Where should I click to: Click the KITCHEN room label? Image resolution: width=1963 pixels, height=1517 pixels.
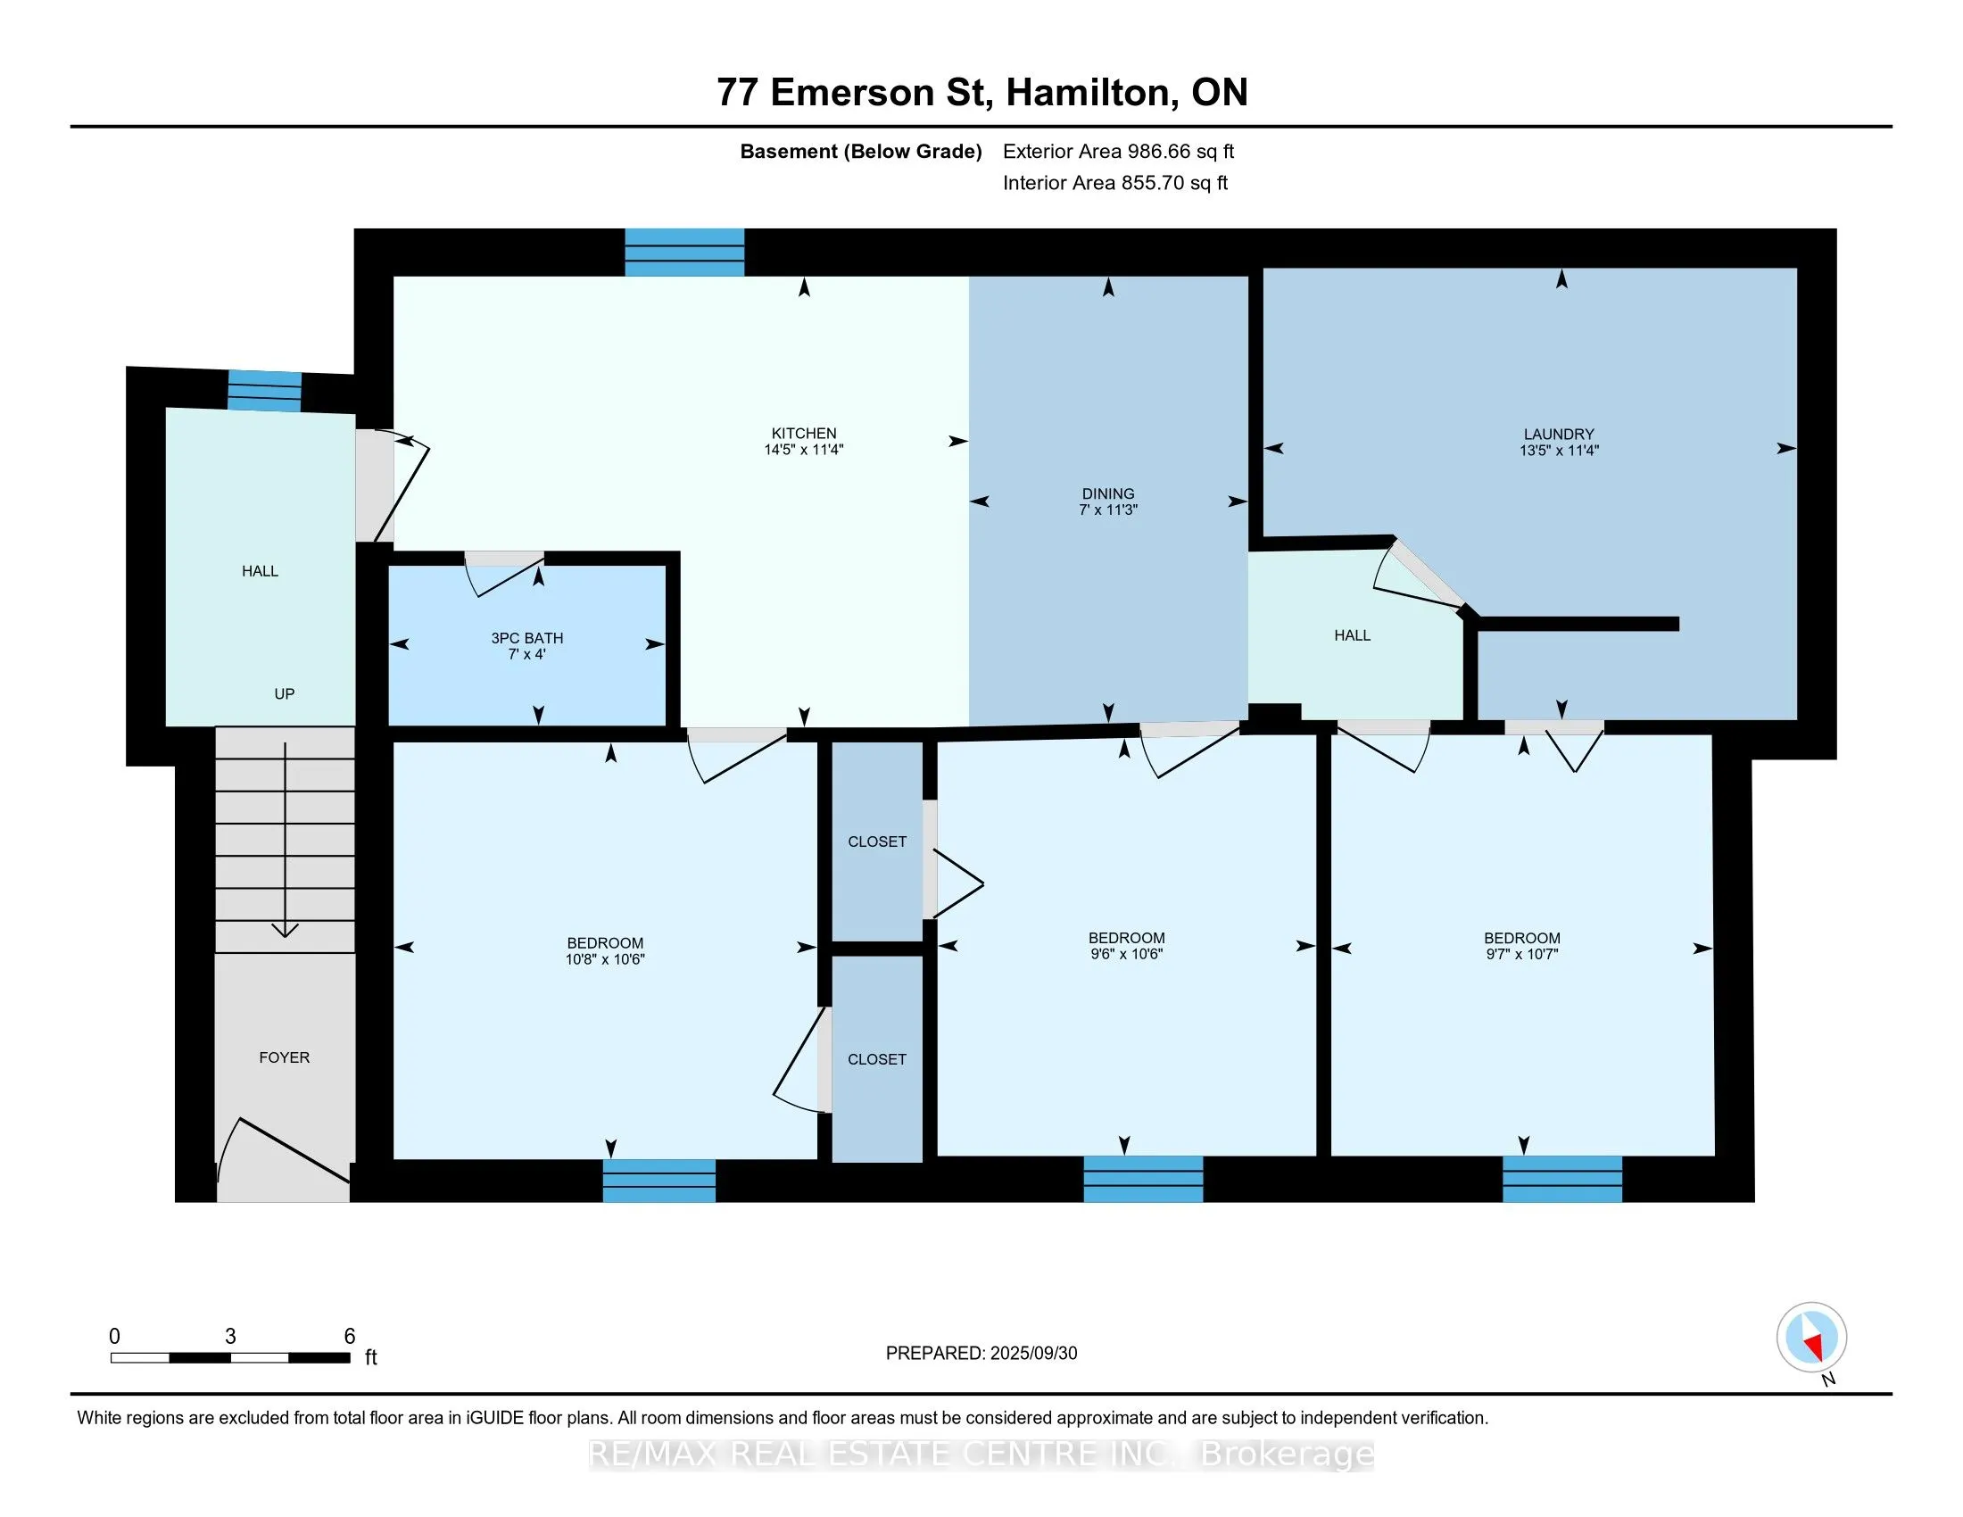tap(804, 433)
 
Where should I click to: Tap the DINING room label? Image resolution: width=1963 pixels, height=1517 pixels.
tap(1108, 493)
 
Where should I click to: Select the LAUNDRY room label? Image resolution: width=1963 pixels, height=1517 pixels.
tap(1559, 434)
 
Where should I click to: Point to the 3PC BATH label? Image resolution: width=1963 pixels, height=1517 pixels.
tap(527, 638)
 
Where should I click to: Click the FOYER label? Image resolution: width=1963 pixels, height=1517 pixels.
tap(284, 1057)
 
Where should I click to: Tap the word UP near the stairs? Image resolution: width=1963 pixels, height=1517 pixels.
tap(284, 693)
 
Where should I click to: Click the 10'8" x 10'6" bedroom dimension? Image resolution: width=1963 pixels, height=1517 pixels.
tap(605, 959)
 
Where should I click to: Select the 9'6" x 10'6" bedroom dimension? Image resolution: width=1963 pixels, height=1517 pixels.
tap(1126, 954)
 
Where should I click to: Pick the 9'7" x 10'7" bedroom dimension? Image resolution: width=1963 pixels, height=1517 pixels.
tap(1521, 954)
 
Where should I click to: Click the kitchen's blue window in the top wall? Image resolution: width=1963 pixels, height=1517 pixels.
tap(685, 252)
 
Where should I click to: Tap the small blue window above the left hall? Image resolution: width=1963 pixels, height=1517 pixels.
tap(264, 391)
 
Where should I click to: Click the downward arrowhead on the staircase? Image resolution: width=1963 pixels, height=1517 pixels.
tap(286, 929)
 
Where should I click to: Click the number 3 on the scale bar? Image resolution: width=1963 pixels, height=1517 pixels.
tap(231, 1337)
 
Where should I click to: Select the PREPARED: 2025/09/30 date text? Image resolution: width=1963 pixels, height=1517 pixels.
tap(981, 1354)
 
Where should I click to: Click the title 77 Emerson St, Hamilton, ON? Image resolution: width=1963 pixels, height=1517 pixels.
tap(982, 92)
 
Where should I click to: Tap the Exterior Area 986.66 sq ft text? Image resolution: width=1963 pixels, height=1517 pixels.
tap(1118, 151)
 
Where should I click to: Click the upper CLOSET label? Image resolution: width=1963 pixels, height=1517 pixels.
tap(877, 841)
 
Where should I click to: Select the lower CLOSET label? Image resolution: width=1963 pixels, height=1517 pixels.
tap(877, 1059)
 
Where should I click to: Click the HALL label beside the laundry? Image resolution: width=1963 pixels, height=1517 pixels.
tap(1353, 635)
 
